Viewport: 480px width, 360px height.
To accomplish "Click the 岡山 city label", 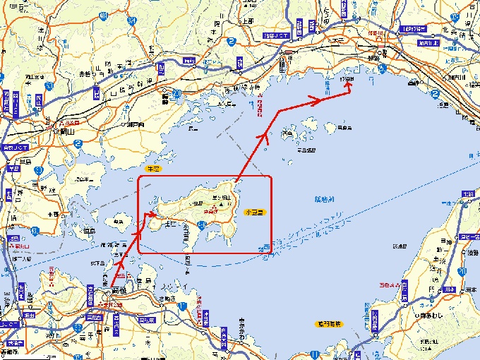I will pyautogui.click(x=67, y=131).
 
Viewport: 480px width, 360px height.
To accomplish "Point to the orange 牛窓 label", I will pyautogui.click(x=152, y=169).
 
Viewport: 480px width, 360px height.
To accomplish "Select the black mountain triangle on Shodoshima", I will pyautogui.click(x=221, y=204).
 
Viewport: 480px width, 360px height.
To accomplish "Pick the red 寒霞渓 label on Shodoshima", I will pyautogui.click(x=210, y=210).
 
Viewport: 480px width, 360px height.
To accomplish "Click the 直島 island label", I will pyautogui.click(x=89, y=230).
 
